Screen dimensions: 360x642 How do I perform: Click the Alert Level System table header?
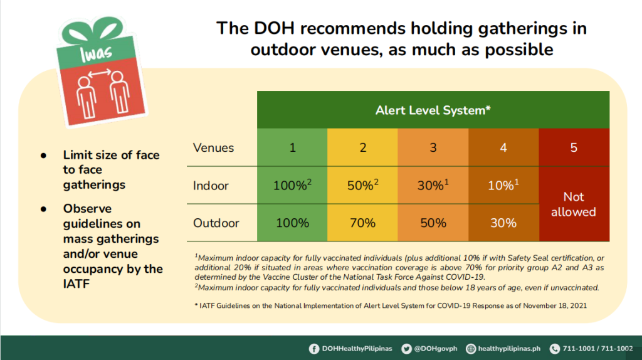point(433,110)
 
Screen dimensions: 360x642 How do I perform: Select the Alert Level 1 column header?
point(292,148)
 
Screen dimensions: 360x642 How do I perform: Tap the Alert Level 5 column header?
point(574,148)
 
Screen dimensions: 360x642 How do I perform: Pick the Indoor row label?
point(211,186)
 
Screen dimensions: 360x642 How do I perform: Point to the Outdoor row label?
point(216,223)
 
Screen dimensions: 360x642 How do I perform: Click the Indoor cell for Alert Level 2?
point(362,186)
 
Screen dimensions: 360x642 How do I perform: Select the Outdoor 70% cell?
point(362,223)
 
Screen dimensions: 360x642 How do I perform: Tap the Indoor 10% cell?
point(503,186)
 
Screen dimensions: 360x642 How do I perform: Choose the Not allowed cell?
point(573,204)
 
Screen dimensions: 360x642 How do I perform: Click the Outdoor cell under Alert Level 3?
point(433,223)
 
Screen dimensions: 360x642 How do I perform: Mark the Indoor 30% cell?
point(433,186)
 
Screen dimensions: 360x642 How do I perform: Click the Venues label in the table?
point(213,148)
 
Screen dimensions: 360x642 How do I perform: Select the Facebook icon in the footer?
point(314,349)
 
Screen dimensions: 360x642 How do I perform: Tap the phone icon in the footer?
point(554,349)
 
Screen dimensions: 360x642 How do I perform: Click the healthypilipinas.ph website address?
point(509,349)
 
